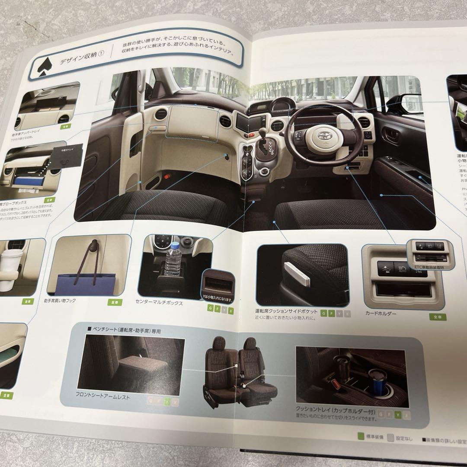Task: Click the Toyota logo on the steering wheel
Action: tap(323, 135)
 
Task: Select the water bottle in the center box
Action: tap(173, 260)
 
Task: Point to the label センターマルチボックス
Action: tap(159, 303)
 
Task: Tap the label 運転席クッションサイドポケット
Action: tap(286, 312)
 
